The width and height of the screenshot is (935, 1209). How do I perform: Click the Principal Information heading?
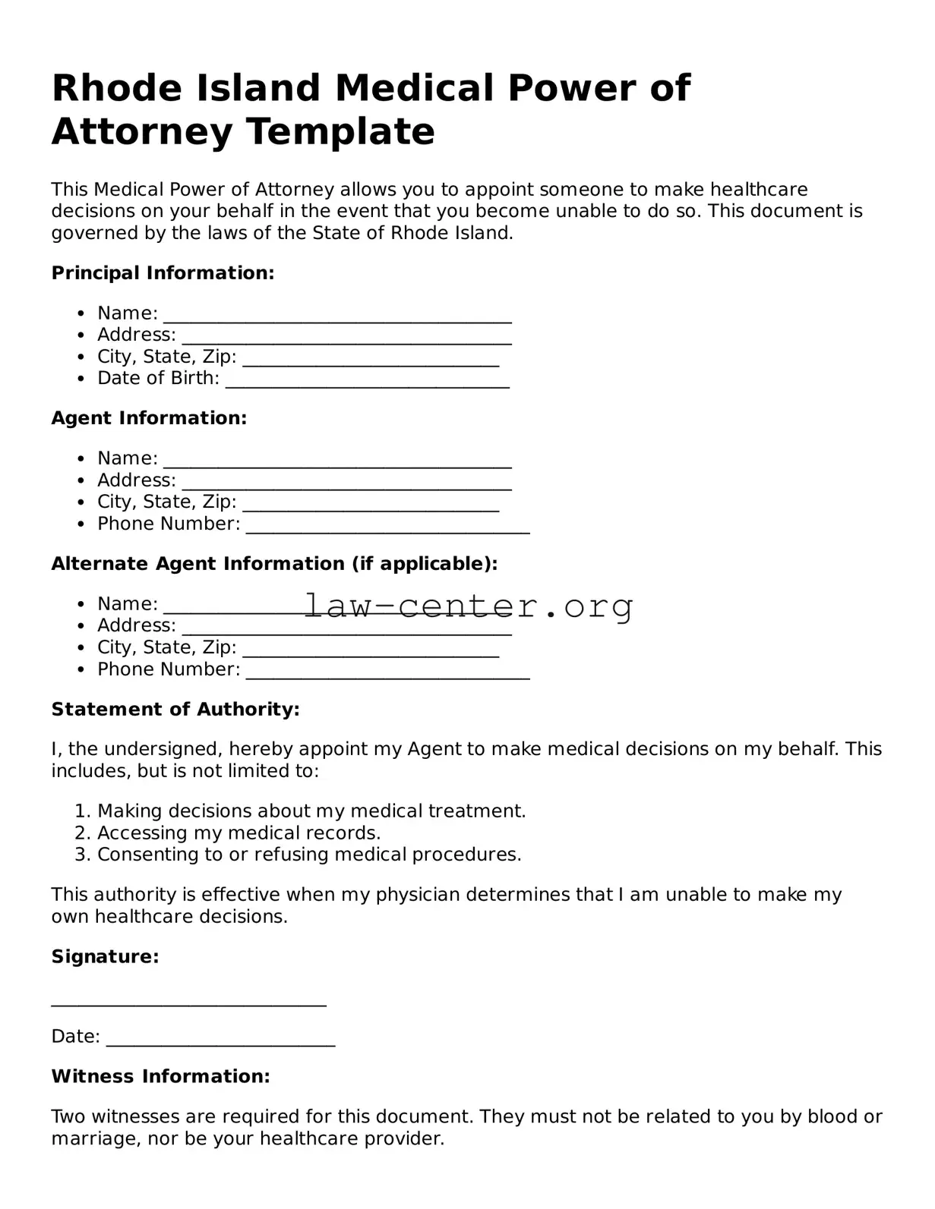(x=163, y=273)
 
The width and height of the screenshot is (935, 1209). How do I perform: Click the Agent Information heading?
(x=149, y=418)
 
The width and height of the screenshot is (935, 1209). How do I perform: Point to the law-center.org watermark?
(x=469, y=606)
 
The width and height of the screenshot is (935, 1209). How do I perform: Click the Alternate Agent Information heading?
(x=274, y=564)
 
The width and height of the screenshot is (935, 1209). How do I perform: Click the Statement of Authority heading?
(x=175, y=710)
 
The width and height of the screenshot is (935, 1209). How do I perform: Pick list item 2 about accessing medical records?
(x=238, y=833)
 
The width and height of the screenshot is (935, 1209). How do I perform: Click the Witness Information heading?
(x=160, y=1076)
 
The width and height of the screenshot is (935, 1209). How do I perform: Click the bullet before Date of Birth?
(x=81, y=378)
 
